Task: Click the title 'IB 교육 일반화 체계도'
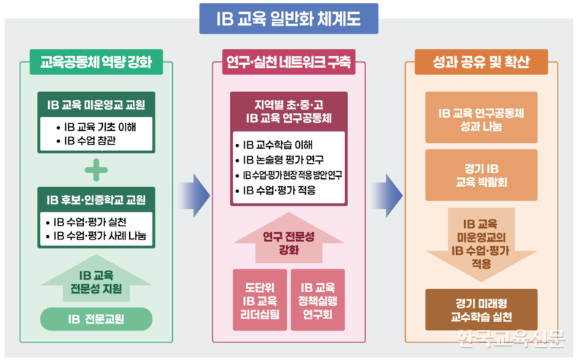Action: (x=289, y=18)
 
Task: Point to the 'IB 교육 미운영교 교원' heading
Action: (x=96, y=104)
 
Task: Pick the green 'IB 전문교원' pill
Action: (x=96, y=318)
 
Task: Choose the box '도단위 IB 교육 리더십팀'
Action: (x=258, y=301)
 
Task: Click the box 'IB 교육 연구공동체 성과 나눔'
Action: (x=481, y=120)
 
